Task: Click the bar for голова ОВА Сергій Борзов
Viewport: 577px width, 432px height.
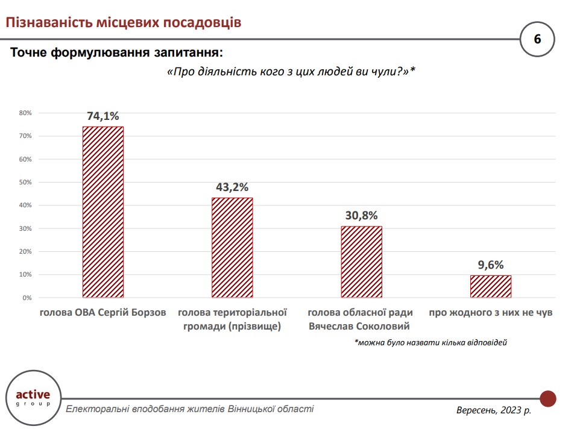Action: coord(102,212)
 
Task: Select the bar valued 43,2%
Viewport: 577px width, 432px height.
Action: coord(232,248)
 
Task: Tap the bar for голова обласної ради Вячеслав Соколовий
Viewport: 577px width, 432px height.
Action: coord(361,261)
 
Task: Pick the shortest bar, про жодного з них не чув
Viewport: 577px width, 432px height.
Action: coord(491,286)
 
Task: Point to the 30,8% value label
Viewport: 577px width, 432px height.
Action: coord(361,215)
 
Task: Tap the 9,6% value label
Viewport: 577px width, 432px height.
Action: coord(491,265)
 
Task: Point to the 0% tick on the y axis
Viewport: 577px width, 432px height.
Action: coord(27,298)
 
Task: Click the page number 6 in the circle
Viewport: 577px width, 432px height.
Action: coord(537,39)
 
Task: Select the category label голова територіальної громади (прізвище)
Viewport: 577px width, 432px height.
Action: coord(232,320)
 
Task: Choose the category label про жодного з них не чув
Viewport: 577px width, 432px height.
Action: coord(491,313)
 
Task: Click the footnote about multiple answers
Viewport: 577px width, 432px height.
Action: coord(430,343)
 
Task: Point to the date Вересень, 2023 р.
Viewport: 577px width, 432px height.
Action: coord(494,410)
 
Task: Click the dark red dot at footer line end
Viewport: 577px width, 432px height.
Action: coord(547,398)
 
